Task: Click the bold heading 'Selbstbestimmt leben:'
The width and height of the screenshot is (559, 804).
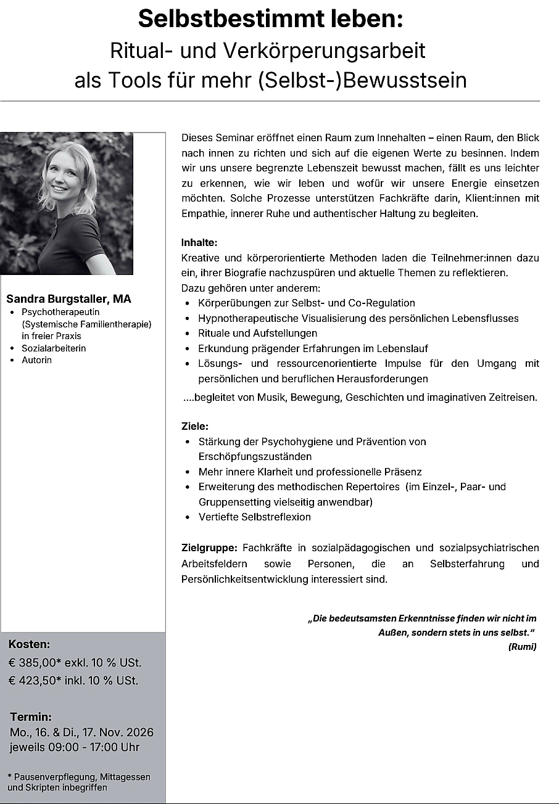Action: tap(270, 19)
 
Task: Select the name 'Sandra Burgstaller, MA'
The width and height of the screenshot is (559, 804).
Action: tap(68, 299)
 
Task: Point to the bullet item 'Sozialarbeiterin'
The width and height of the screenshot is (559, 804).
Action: tap(54, 348)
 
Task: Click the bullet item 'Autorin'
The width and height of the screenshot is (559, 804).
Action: tap(36, 360)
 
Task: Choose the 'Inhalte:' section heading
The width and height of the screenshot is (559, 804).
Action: tap(199, 242)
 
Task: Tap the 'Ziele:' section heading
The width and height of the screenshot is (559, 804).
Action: tap(195, 426)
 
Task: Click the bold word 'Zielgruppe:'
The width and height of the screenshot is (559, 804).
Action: tap(209, 548)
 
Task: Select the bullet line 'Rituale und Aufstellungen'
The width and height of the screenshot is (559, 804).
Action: tap(257, 333)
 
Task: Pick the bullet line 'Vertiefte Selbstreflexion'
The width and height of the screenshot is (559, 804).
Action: tap(254, 517)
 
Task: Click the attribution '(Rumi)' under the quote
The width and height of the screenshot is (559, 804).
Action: tap(522, 646)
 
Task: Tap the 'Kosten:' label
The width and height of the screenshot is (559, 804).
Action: tap(29, 644)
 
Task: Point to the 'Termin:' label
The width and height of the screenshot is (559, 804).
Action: tap(31, 717)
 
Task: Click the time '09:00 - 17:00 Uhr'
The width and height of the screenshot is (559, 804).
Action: tap(91, 747)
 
